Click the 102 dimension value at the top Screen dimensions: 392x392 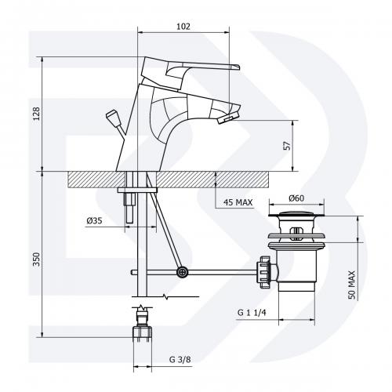tap(183, 27)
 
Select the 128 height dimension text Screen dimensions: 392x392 tap(36, 114)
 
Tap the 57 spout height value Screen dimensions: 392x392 tap(287, 146)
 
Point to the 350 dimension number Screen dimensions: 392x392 tap(36, 260)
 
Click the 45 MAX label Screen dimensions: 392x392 tap(238, 202)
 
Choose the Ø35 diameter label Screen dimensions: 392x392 tap(94, 221)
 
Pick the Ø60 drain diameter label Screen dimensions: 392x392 tap(296, 198)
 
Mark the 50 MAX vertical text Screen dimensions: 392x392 tap(352, 285)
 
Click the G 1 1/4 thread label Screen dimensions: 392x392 tap(252, 312)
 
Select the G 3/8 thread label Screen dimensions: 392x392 tap(180, 360)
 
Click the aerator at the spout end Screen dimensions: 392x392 tap(228, 118)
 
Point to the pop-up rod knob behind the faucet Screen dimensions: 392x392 tap(111, 116)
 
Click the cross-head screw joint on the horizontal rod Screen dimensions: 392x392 tap(182, 272)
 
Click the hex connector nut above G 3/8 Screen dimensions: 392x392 tap(143, 332)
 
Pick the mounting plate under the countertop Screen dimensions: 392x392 tap(137, 190)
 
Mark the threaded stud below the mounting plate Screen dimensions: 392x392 tap(130, 208)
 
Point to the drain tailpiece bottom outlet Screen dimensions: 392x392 tap(296, 287)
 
